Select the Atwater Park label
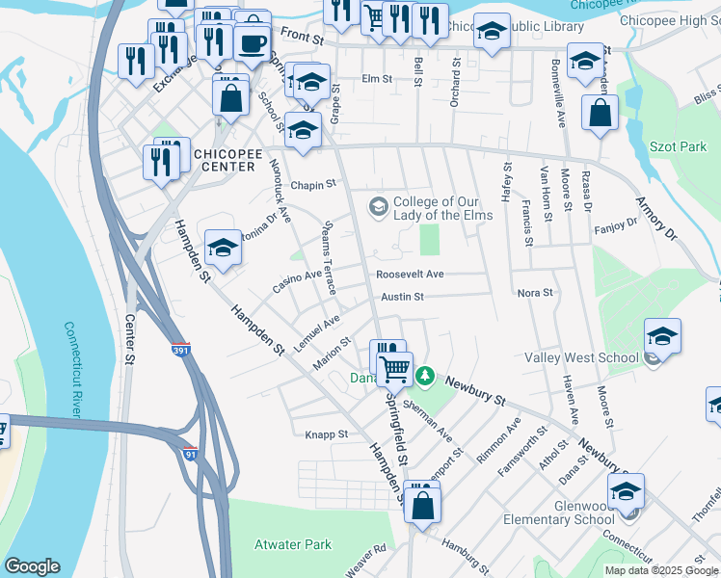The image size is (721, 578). click(292, 545)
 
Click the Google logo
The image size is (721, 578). click(31, 566)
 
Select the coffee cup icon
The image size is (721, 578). click(253, 43)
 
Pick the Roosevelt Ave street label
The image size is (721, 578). click(410, 275)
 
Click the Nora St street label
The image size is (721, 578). click(535, 292)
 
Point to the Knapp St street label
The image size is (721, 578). click(326, 434)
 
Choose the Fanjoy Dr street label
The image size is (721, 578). click(617, 223)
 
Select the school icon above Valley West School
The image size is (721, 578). click(662, 336)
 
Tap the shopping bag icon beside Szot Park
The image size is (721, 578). click(600, 113)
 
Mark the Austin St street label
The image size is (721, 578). click(402, 298)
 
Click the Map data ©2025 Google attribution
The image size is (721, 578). click(661, 570)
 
